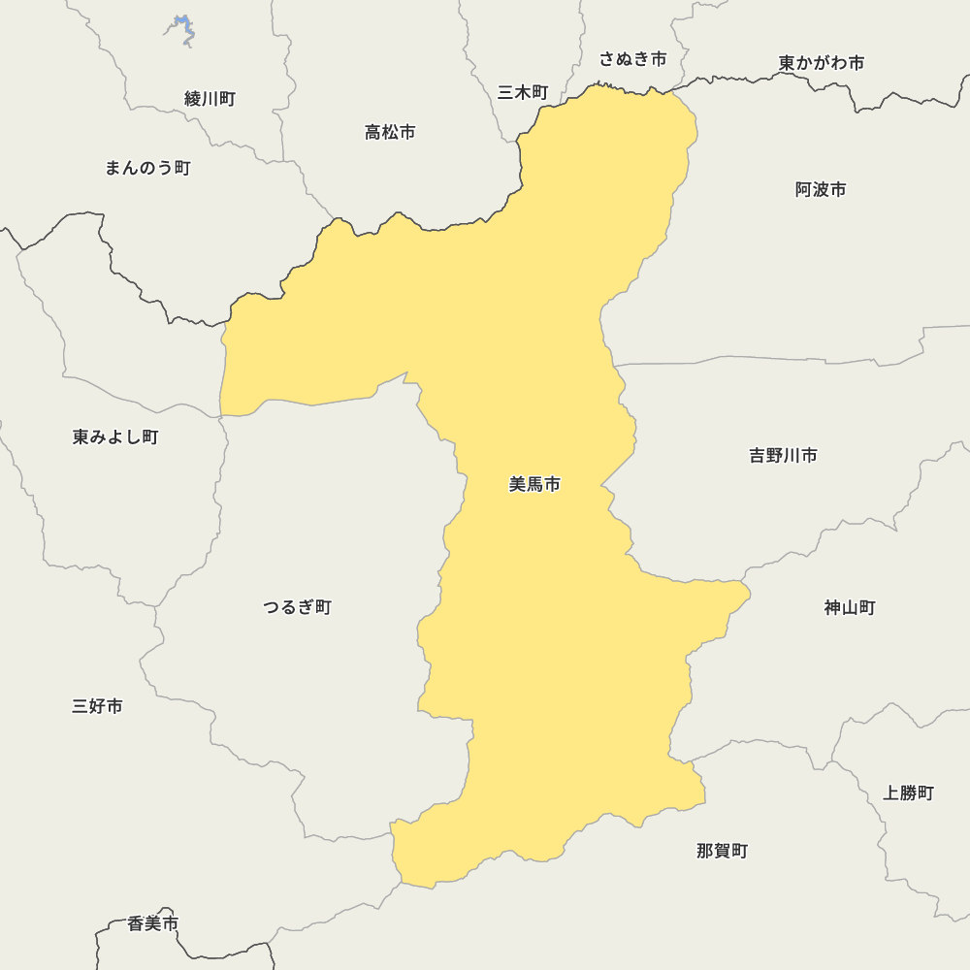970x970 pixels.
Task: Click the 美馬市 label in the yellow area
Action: point(534,484)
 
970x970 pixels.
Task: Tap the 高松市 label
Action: point(390,132)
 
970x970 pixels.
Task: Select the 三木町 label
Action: point(523,92)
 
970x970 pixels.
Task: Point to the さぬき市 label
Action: point(632,59)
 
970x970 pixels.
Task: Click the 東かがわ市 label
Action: point(821,63)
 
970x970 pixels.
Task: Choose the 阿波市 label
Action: point(821,189)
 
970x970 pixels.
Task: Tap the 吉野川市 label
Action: point(783,455)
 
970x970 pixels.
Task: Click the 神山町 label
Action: point(850,607)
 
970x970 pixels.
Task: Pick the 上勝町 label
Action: point(908,792)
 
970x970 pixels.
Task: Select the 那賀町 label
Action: point(722,851)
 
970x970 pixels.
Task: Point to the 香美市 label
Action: point(153,923)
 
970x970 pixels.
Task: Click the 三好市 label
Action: point(97,706)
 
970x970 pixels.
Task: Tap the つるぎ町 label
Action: point(297,607)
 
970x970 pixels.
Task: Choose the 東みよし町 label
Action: point(115,436)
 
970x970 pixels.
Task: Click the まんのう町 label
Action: point(147,168)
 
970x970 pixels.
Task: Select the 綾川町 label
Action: point(210,98)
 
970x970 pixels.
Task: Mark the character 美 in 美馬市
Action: point(517,484)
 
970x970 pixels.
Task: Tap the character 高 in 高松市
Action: point(373,132)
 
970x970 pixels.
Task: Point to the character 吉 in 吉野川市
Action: point(758,455)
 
